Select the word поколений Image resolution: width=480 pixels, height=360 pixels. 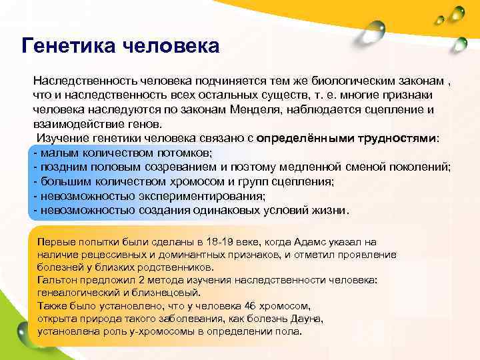[x=419, y=167]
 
